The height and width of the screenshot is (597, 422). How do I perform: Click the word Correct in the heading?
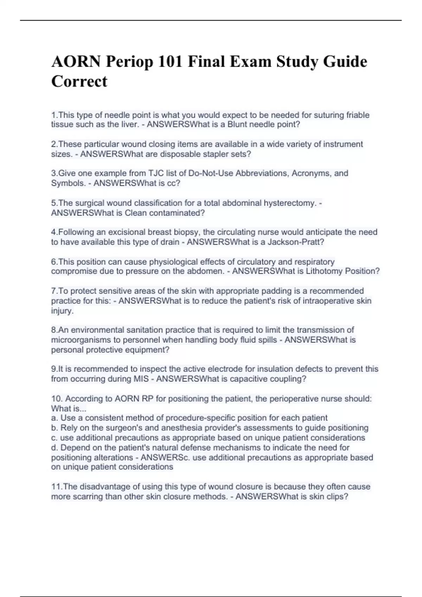[79, 81]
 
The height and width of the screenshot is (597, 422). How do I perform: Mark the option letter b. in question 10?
[55, 428]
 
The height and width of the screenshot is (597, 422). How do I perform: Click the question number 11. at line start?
[57, 487]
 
